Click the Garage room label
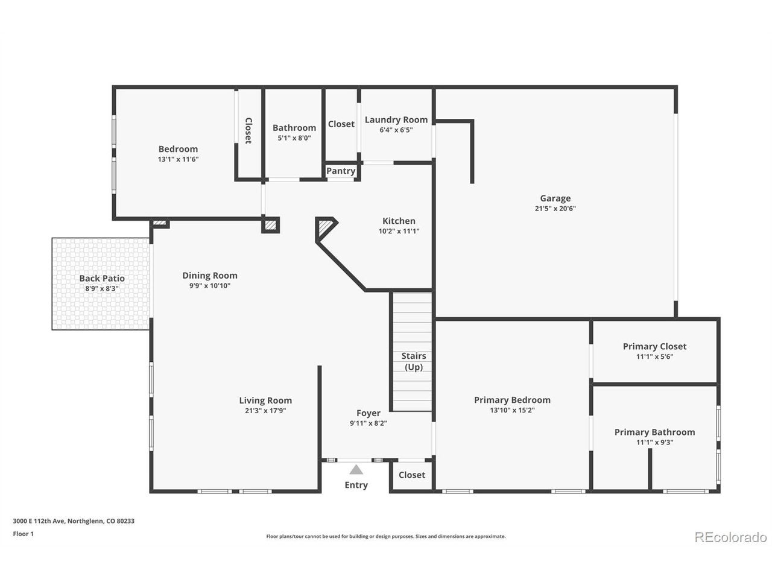point(555,198)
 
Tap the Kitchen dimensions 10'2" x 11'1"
point(399,231)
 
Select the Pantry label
point(340,171)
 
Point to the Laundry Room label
point(396,120)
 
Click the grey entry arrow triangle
point(356,470)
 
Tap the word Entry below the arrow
point(356,485)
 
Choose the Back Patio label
point(102,279)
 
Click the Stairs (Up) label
point(414,361)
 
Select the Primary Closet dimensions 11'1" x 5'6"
point(654,356)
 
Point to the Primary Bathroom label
point(654,432)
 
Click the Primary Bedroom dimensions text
point(512,410)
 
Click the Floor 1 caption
point(23,534)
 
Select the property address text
point(74,521)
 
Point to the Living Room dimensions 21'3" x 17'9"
point(265,410)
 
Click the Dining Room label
point(210,276)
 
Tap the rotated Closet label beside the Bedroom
point(248,131)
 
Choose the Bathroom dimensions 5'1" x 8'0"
point(294,138)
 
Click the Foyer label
point(369,413)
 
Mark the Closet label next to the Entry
point(411,475)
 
